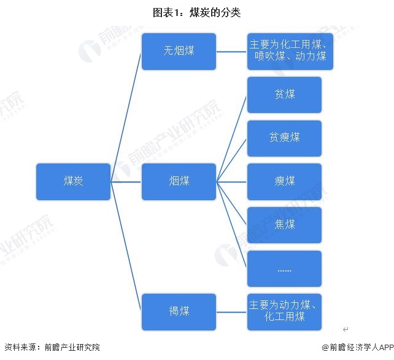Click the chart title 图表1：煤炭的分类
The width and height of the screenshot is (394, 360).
point(197,12)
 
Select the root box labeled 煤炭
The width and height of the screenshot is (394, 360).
point(73,181)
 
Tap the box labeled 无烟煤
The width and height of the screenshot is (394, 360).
point(179,52)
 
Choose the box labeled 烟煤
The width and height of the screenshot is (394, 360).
point(179,181)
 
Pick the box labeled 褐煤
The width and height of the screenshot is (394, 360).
point(179,311)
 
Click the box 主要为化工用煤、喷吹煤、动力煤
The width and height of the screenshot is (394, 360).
point(290,52)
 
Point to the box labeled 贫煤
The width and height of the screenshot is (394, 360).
point(284,95)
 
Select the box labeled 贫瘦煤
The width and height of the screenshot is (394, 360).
point(284,138)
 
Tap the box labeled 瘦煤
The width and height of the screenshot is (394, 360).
point(284,181)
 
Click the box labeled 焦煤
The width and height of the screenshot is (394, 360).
point(284,225)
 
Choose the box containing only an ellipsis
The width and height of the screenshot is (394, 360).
point(284,268)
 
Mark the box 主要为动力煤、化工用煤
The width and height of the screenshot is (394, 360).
point(284,311)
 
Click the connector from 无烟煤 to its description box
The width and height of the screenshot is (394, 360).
point(231,52)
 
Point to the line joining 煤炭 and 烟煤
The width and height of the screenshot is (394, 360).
point(126,181)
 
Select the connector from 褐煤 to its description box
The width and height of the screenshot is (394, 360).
point(231,311)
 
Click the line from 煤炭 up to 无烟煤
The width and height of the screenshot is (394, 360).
point(126,117)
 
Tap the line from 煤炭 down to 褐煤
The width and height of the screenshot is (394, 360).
point(126,246)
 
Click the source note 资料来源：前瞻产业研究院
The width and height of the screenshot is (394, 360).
point(52,348)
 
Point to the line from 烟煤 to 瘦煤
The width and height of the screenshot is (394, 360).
point(231,181)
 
